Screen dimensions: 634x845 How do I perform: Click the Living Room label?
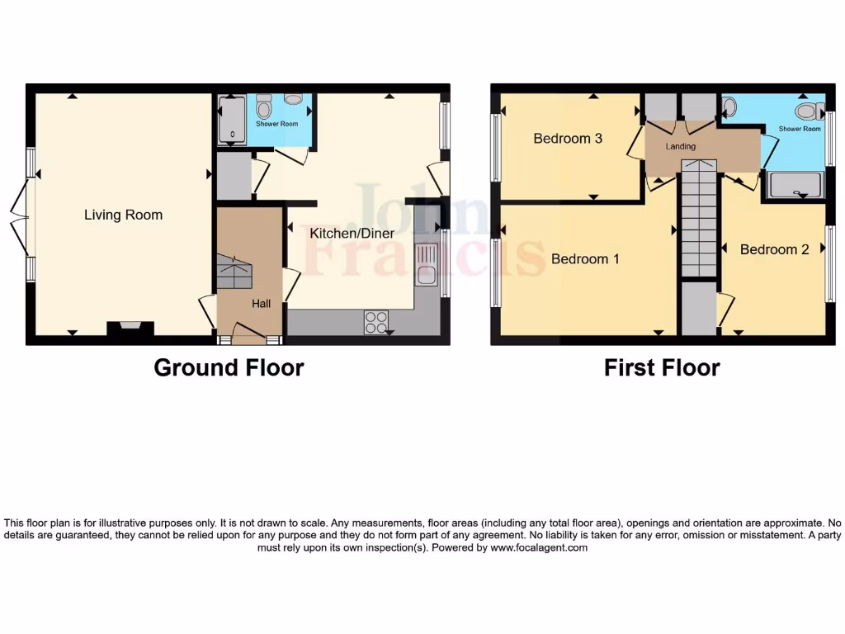[123, 215]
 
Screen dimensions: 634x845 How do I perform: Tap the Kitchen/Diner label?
[352, 234]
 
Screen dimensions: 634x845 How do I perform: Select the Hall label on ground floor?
[261, 304]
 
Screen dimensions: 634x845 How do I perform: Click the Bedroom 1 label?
[585, 259]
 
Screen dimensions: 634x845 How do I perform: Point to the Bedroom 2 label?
[774, 249]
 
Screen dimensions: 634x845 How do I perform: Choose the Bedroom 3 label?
[568, 139]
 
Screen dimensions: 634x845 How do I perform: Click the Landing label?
[681, 146]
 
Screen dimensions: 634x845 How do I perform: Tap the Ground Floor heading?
[229, 367]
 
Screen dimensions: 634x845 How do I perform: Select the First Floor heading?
[662, 367]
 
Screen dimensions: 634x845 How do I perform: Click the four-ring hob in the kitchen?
[375, 322]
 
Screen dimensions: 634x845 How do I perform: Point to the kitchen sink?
[426, 264]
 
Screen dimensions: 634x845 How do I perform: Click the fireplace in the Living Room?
[130, 330]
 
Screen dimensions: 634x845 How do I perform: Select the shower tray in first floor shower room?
[795, 186]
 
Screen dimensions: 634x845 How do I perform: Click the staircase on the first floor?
[698, 219]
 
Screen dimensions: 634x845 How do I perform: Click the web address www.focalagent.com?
[539, 547]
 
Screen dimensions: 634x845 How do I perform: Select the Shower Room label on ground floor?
[276, 124]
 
